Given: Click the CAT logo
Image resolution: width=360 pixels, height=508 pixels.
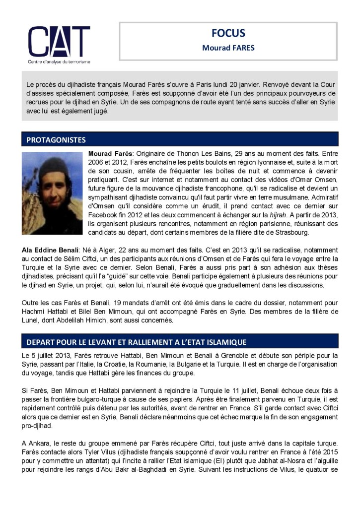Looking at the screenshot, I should (59, 42).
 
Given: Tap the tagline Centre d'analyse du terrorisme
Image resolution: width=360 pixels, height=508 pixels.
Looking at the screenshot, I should (59, 62).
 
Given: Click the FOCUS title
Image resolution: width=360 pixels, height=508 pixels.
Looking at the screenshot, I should (228, 34).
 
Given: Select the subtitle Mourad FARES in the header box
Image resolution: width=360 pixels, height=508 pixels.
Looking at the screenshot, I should (228, 48).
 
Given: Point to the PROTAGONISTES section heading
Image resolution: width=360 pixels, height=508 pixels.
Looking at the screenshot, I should (56, 140).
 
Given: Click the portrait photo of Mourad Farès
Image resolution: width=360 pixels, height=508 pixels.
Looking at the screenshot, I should (52, 193).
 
